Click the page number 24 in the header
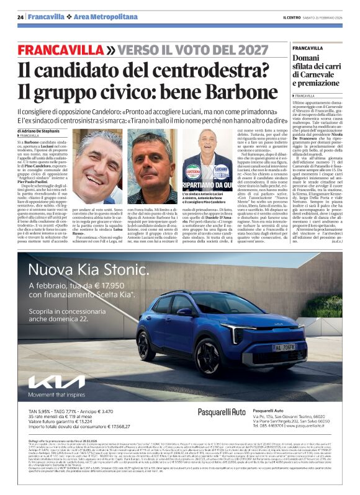click(20, 17)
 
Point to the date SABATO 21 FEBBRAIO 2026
click(325, 17)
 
